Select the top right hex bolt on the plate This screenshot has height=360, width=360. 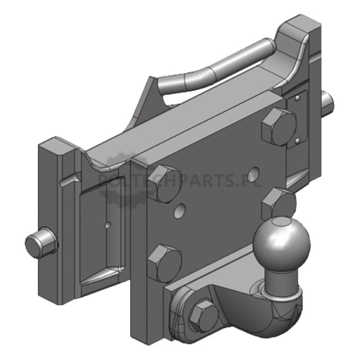coord(279,126)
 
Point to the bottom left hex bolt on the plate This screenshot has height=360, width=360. coord(164,260)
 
